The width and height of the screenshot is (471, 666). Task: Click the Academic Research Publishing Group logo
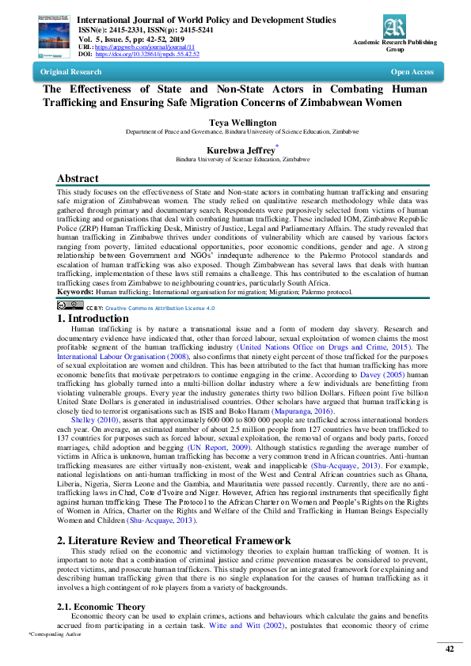393,27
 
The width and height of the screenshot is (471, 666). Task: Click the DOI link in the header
147,54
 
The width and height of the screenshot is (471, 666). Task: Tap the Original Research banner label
70,72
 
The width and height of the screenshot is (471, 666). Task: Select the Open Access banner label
412,72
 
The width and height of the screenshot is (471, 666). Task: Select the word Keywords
75,292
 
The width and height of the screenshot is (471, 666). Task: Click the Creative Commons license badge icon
70,305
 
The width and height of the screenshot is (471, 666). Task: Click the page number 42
449,649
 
